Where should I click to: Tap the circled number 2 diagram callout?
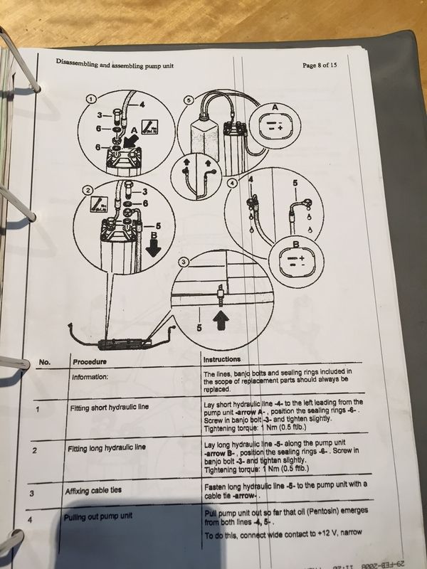coord(87,190)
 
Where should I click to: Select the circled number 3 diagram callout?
coord(184,263)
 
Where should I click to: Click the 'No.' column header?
coord(44,363)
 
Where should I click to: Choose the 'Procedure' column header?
coord(89,361)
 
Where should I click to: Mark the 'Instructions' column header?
coord(221,359)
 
